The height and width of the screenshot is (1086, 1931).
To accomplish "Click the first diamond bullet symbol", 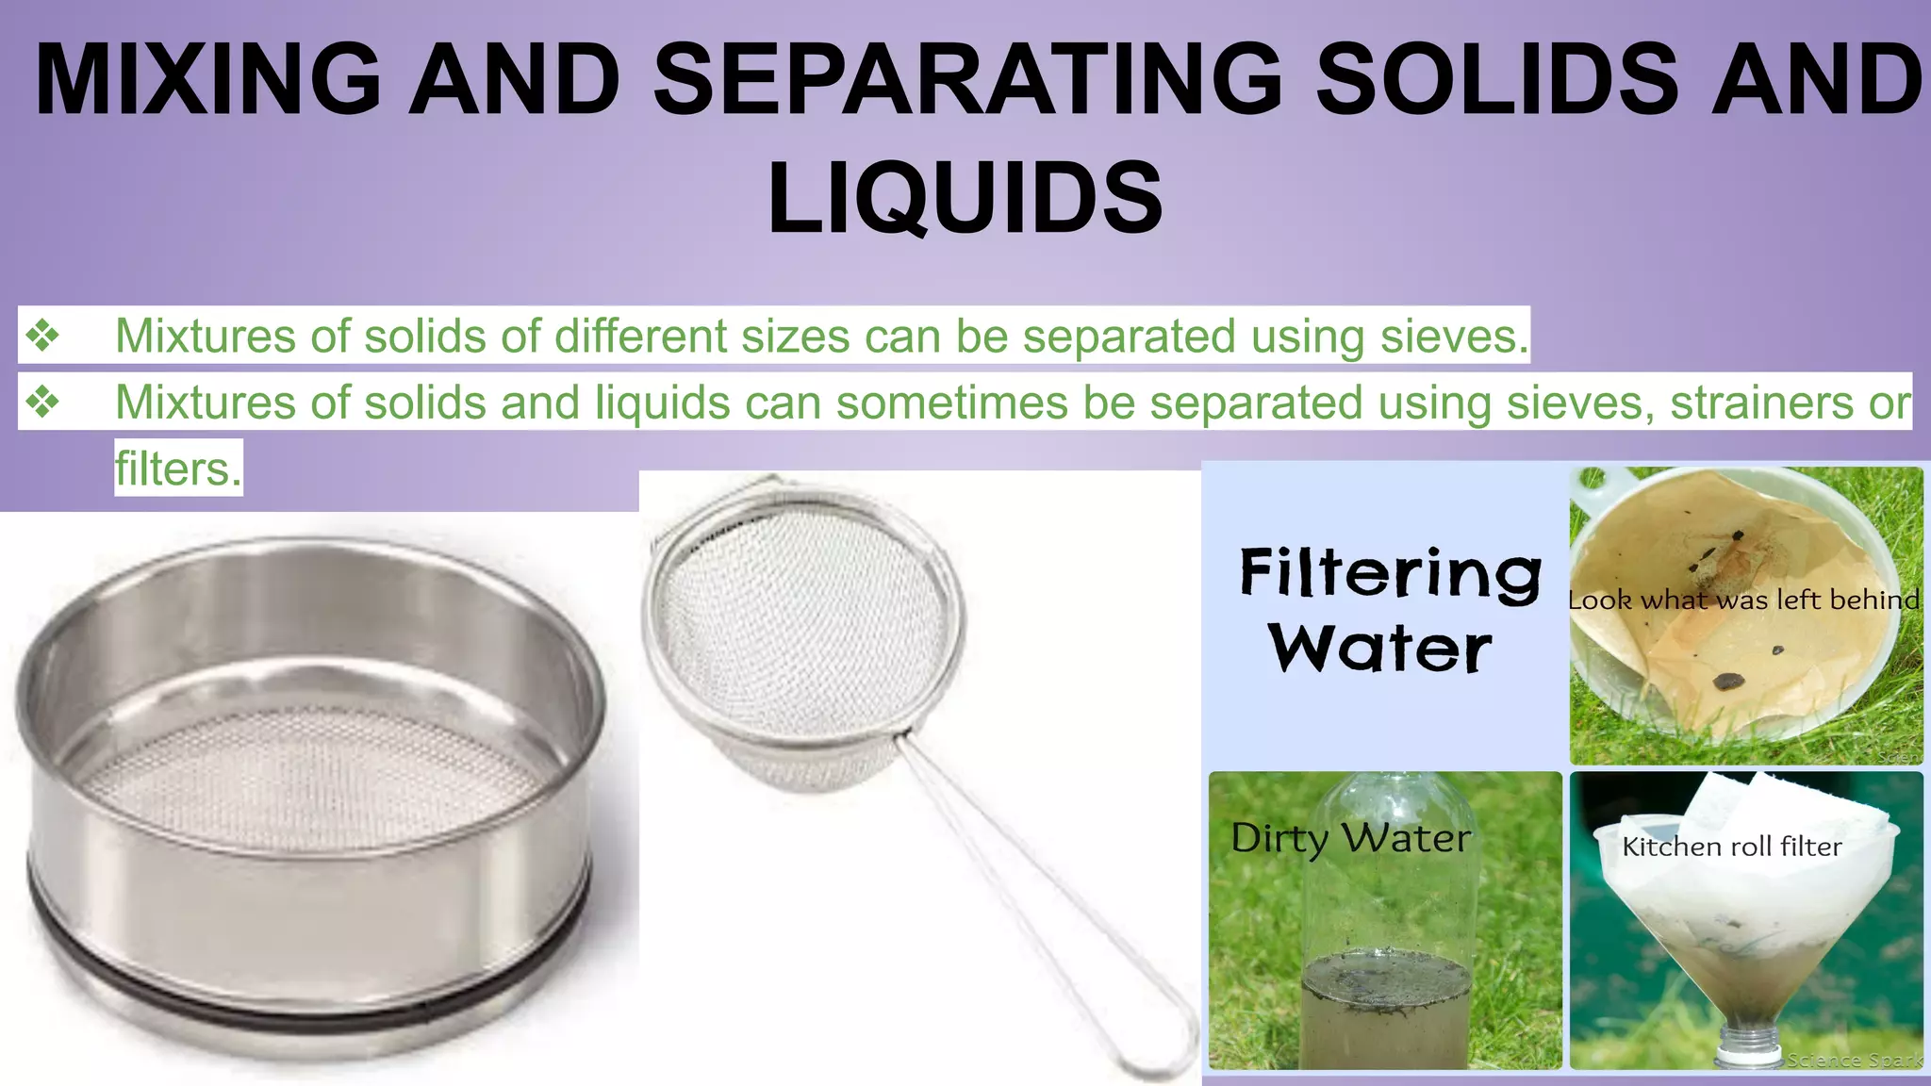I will pyautogui.click(x=42, y=336).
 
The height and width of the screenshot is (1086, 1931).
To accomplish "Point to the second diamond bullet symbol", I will pyautogui.click(x=42, y=403).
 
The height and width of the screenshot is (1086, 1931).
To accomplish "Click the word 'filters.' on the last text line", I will pyautogui.click(x=178, y=469).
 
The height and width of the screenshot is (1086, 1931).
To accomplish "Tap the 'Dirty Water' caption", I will pyautogui.click(x=1350, y=837).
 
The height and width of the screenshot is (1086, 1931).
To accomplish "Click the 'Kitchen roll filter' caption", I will pyautogui.click(x=1731, y=847).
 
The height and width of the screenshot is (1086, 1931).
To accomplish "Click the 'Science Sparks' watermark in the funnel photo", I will pyautogui.click(x=1853, y=1060).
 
